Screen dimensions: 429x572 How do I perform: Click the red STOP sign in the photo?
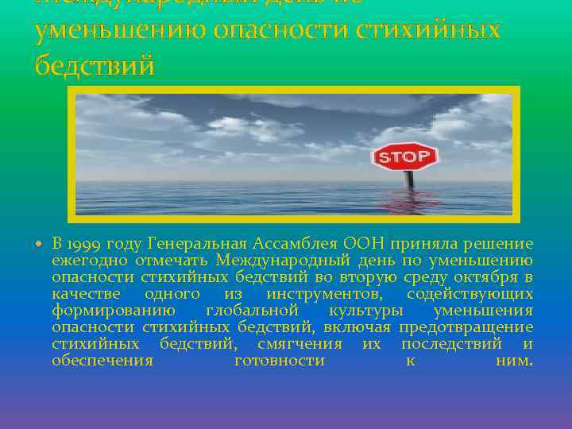[x=404, y=157]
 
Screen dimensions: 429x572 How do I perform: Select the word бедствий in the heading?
[x=95, y=65]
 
